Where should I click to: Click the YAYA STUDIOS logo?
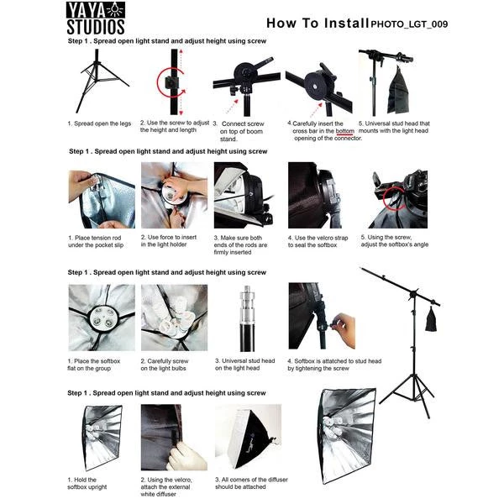(94, 18)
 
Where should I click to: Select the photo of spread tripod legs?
(100, 80)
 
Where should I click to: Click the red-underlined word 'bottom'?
(345, 131)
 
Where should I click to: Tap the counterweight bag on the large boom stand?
(431, 318)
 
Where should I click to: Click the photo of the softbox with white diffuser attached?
(245, 438)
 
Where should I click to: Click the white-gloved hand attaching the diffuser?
(186, 458)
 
